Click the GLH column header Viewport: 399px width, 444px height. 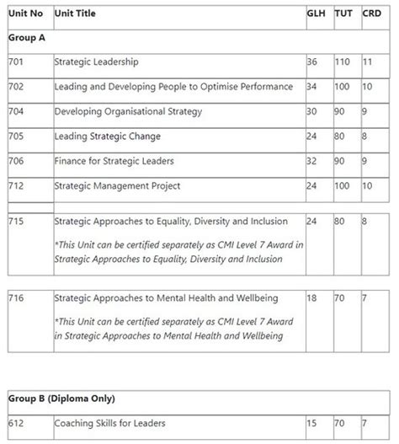point(317,14)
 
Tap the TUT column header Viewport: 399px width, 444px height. point(345,14)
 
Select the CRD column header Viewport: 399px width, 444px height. point(371,14)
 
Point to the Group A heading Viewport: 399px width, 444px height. point(27,38)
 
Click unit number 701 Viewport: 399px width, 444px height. point(16,62)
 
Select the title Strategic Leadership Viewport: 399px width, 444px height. point(96,62)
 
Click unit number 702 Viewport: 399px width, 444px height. point(16,87)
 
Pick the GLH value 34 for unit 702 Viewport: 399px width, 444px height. point(313,87)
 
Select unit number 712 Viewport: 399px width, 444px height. point(16,185)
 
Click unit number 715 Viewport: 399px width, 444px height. point(16,222)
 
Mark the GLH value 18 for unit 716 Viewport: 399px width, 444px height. point(313,298)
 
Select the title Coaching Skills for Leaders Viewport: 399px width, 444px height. point(109,423)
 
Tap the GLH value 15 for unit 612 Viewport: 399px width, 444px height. point(313,423)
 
